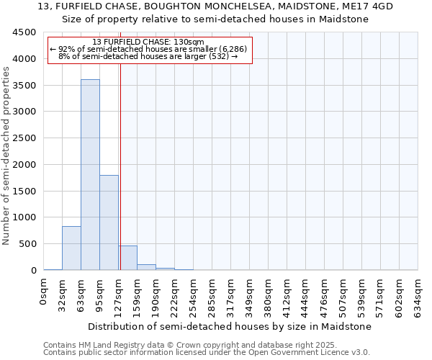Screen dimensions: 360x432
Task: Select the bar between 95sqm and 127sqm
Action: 109,222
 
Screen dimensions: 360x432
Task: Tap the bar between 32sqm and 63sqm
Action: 71,248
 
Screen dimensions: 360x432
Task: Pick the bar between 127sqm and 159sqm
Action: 128,258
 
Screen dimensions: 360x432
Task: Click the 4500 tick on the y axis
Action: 25,32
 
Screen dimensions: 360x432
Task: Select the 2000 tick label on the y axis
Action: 25,165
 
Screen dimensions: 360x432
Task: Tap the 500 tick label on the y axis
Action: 28,244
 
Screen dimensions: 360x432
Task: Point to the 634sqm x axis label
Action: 418,294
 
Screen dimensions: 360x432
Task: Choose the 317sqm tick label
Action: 231,294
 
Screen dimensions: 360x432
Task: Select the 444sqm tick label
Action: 306,294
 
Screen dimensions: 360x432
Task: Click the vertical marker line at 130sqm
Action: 120,166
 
